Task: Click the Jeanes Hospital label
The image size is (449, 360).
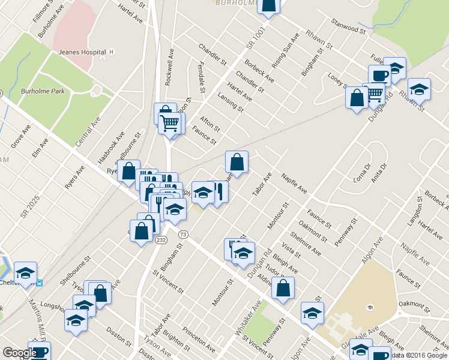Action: click(x=81, y=52)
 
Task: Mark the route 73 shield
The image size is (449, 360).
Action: click(x=183, y=234)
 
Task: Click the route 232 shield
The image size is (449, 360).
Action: click(x=160, y=240)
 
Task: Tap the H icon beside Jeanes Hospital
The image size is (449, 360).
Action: click(x=112, y=52)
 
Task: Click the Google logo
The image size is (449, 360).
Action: click(x=20, y=353)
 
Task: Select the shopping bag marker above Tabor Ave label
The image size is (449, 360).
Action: click(x=237, y=162)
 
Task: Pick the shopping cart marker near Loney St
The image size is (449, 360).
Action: click(x=375, y=93)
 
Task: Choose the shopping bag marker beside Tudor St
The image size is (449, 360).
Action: click(x=283, y=287)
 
